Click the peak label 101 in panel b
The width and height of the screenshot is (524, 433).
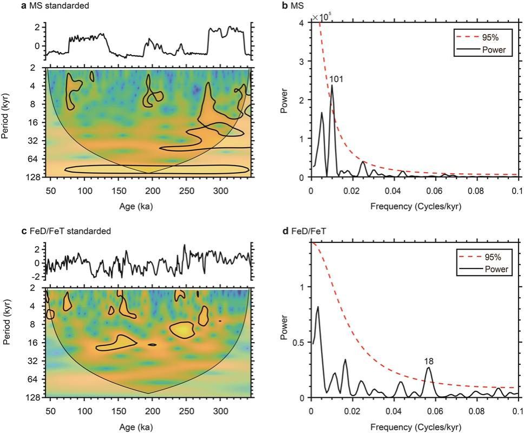(x=336, y=80)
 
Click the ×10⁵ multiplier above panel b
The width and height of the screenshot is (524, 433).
(x=322, y=18)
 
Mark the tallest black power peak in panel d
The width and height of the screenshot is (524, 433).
(x=318, y=307)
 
